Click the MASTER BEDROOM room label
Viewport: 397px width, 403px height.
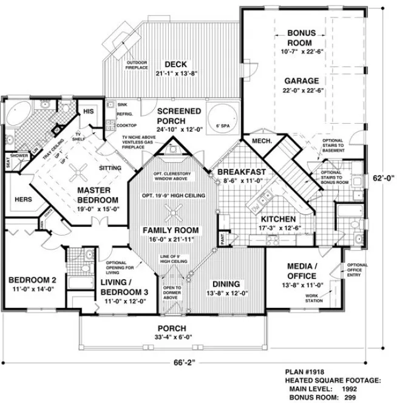click(x=97, y=194)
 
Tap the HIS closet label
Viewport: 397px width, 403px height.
click(x=89, y=110)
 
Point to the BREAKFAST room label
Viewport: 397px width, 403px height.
click(x=242, y=172)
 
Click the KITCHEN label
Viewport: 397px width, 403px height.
click(x=278, y=218)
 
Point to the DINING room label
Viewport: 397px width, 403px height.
click(x=225, y=283)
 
